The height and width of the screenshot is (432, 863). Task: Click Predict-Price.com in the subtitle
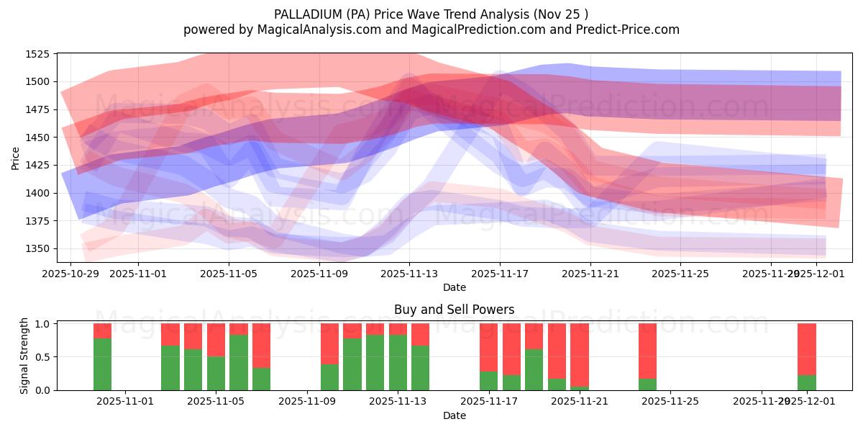(629, 30)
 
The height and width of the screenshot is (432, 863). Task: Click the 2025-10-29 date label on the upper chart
(70, 274)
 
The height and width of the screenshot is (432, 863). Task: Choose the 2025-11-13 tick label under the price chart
(409, 274)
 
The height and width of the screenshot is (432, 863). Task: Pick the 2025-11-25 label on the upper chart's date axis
(680, 274)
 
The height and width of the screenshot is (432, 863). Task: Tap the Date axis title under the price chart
(454, 287)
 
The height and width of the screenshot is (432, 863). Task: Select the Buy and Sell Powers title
(454, 310)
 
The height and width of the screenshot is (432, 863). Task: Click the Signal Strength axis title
(24, 356)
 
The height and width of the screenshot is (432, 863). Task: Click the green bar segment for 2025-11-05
(216, 373)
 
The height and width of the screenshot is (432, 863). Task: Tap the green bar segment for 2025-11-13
(398, 362)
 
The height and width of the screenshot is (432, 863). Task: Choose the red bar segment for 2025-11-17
(489, 347)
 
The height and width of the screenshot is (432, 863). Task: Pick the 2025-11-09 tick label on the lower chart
(307, 402)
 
